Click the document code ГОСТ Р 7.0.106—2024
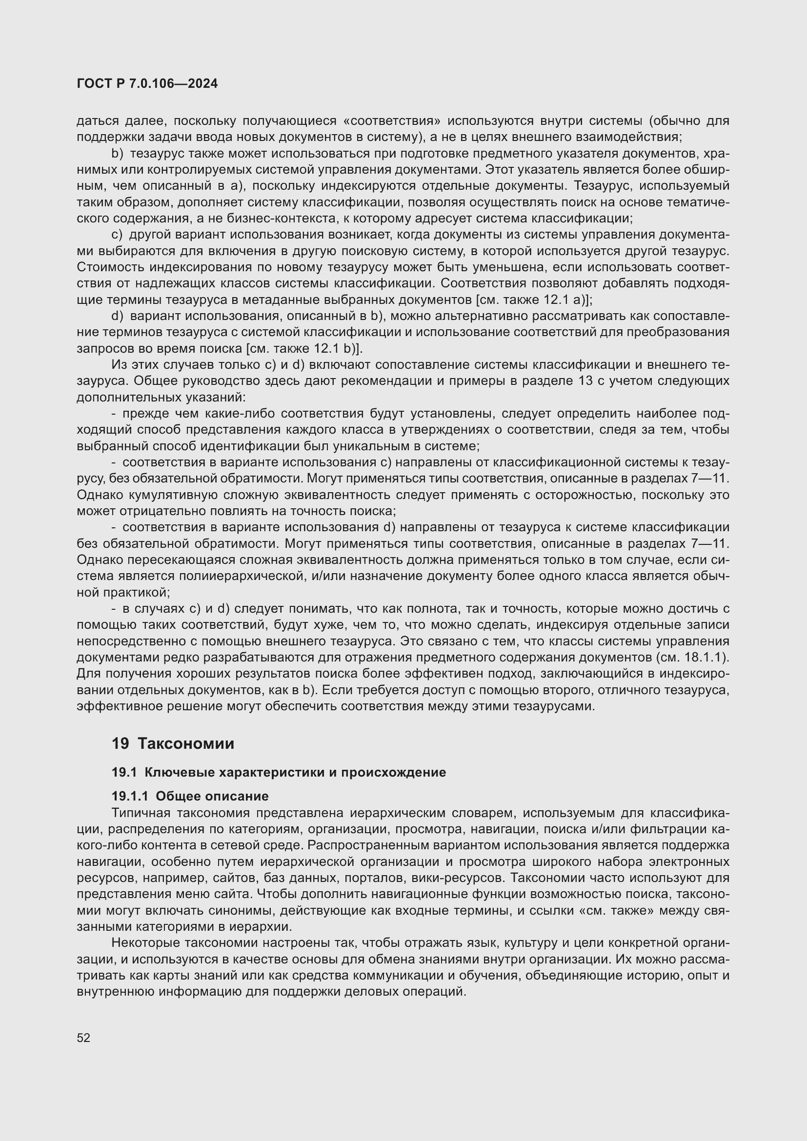click(147, 84)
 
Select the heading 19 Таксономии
click(172, 743)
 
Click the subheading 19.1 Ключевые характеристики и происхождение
click(278, 772)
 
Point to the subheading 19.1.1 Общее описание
click(190, 796)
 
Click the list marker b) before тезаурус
click(117, 154)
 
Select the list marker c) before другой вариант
click(117, 235)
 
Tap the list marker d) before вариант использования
click(117, 316)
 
